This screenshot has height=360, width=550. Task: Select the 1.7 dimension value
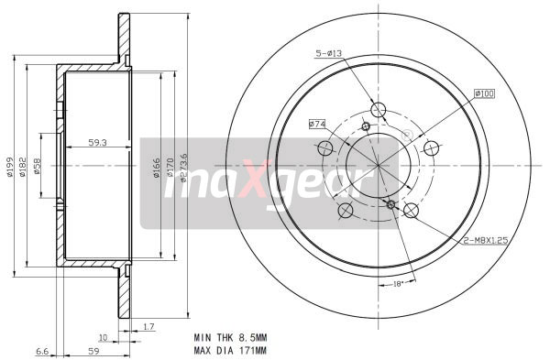[149, 326]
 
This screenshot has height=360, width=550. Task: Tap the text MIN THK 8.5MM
[229, 337]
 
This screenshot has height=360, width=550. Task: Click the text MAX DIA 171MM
[230, 349]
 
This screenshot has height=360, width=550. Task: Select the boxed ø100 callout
[484, 93]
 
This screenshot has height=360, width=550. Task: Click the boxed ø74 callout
[318, 123]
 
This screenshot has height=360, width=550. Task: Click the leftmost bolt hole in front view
[346, 211]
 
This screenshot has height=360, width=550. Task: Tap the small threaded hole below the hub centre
[391, 204]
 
